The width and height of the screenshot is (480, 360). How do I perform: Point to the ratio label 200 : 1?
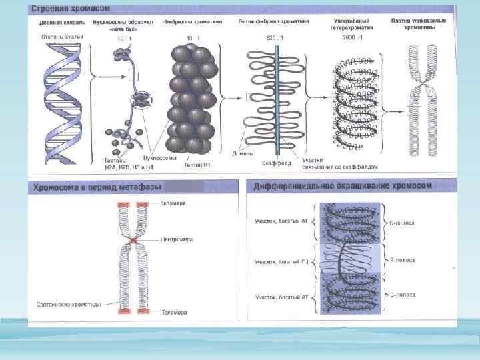pyautogui.click(x=273, y=38)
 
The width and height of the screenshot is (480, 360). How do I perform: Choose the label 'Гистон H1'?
pyautogui.click(x=198, y=163)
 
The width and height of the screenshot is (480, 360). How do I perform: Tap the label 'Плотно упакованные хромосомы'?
pyautogui.click(x=423, y=25)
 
